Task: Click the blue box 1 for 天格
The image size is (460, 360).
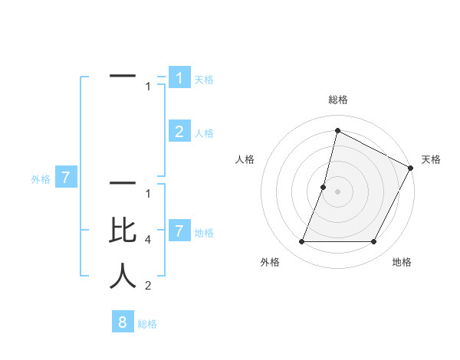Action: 179,78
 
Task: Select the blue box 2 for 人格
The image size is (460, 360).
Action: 179,132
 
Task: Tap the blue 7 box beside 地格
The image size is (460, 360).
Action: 179,231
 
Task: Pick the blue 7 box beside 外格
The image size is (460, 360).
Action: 66,178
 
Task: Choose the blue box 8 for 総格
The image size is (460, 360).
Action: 123,322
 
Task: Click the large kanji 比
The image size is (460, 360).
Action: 123,231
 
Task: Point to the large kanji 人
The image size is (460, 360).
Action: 123,276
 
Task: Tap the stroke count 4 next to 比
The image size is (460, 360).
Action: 147,240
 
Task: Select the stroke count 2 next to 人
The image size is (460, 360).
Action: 147,286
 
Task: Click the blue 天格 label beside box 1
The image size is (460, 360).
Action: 204,80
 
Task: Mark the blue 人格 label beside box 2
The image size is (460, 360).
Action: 204,133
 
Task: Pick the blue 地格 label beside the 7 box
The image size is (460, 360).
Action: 204,232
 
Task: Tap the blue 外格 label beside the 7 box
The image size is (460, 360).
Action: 41,179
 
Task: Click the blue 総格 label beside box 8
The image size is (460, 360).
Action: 147,323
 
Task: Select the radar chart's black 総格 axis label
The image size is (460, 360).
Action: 338,100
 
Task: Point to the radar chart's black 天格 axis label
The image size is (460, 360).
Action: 431,159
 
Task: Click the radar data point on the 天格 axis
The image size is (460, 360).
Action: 411,168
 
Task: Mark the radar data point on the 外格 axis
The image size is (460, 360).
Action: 302,242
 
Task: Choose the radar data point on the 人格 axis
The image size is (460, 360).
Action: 324,187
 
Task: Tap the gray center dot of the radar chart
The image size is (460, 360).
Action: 338,191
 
